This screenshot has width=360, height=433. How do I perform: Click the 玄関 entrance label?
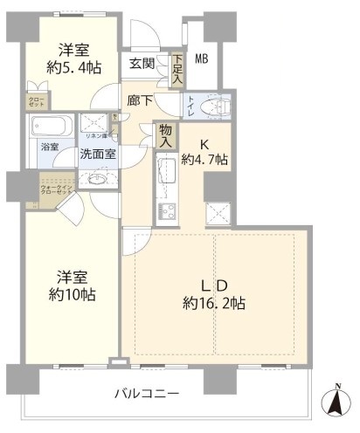tap(142, 63)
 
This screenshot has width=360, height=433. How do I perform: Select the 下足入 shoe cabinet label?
tap(177, 70)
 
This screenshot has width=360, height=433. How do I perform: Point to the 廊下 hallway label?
tap(136, 101)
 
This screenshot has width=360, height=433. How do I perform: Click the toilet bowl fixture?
tap(213, 106)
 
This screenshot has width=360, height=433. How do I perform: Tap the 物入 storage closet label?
tap(165, 134)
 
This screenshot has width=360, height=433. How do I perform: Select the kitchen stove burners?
tap(165, 211)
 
